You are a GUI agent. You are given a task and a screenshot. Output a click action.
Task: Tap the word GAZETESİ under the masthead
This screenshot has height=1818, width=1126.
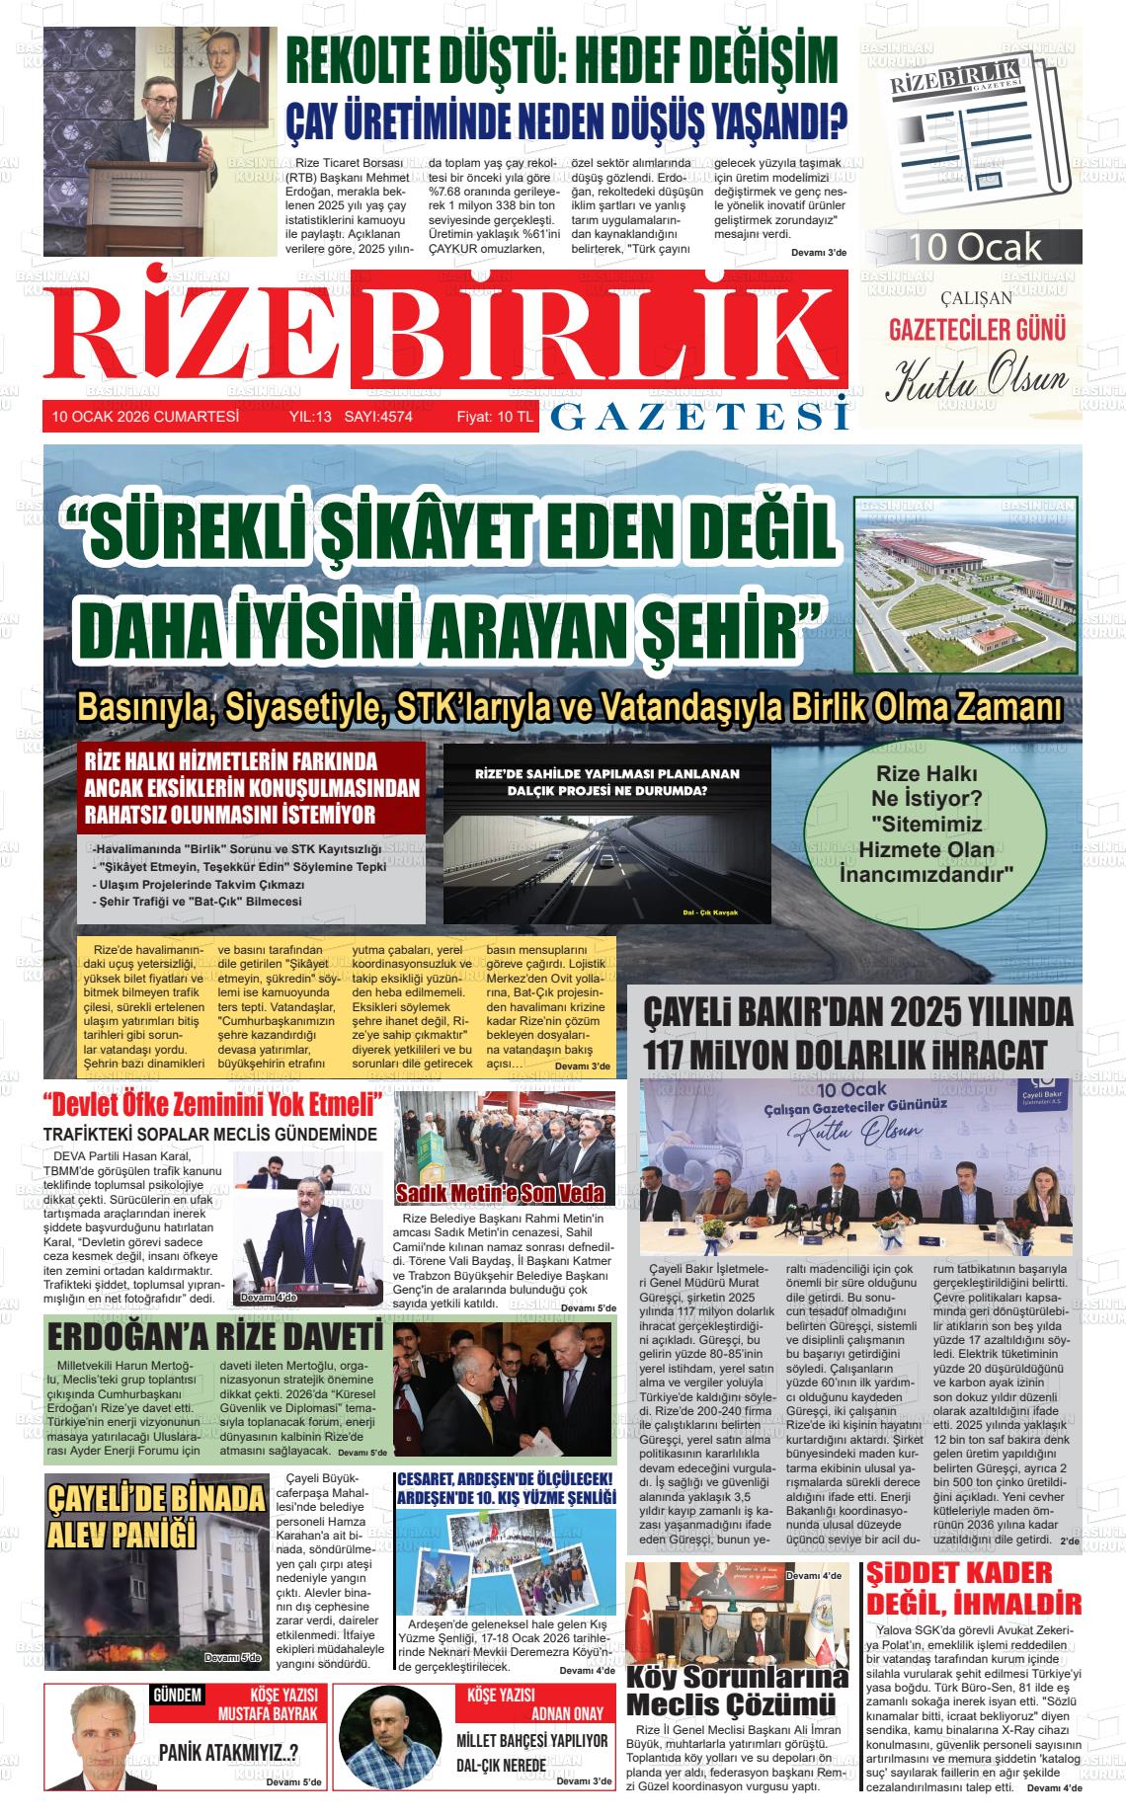pos(699,418)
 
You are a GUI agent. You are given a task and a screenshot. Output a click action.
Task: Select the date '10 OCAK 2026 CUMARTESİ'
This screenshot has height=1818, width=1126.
pos(145,417)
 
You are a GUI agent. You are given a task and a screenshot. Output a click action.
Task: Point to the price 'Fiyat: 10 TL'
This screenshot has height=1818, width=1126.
pos(494,417)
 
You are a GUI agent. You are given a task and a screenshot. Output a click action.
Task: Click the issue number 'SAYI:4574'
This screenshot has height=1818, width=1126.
pos(378,417)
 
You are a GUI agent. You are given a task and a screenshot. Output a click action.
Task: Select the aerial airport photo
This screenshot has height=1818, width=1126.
pos(965,583)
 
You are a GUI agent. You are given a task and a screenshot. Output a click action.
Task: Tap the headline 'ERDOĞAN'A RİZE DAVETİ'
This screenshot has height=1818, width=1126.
pos(214,1339)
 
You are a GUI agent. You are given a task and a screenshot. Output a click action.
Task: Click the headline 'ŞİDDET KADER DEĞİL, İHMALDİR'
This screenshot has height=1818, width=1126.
pos(974,1589)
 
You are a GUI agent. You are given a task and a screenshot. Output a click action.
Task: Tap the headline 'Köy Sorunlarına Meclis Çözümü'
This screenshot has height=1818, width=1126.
pos(737,1690)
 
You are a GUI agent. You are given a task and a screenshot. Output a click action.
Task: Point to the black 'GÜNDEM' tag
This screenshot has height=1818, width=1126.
pos(178,1696)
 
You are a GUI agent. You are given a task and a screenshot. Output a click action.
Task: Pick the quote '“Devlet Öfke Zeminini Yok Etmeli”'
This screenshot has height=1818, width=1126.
pos(213,1102)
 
